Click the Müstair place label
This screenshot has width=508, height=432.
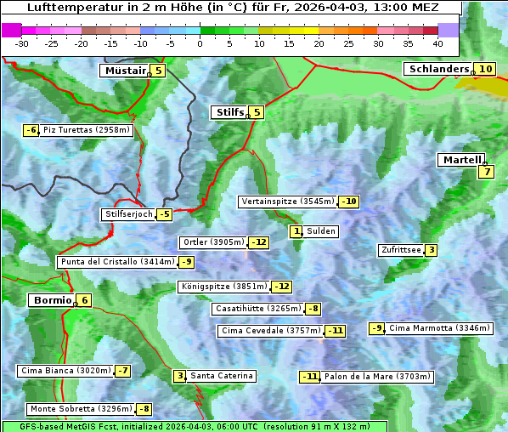[x=124, y=71]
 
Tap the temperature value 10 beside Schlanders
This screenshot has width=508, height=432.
[x=484, y=69]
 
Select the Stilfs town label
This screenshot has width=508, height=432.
[x=229, y=111]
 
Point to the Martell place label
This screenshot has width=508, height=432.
[x=461, y=160]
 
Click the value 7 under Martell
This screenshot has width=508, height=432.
[x=486, y=172]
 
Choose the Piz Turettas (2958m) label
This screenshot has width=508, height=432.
[x=87, y=130]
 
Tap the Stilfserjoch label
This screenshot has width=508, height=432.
[x=128, y=214]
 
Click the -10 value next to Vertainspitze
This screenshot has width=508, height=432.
[x=348, y=202]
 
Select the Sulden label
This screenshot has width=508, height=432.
[x=321, y=231]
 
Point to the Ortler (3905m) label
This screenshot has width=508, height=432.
[x=213, y=242]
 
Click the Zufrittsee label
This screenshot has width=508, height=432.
[x=400, y=250]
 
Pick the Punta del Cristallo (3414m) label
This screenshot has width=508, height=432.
[x=116, y=262]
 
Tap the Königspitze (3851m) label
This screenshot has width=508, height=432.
[x=223, y=287]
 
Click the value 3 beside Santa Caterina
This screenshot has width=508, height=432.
[x=180, y=376]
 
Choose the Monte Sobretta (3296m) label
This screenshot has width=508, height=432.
[x=81, y=409]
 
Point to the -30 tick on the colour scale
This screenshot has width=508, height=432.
[x=22, y=43]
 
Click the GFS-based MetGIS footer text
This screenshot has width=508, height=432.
[x=194, y=426]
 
